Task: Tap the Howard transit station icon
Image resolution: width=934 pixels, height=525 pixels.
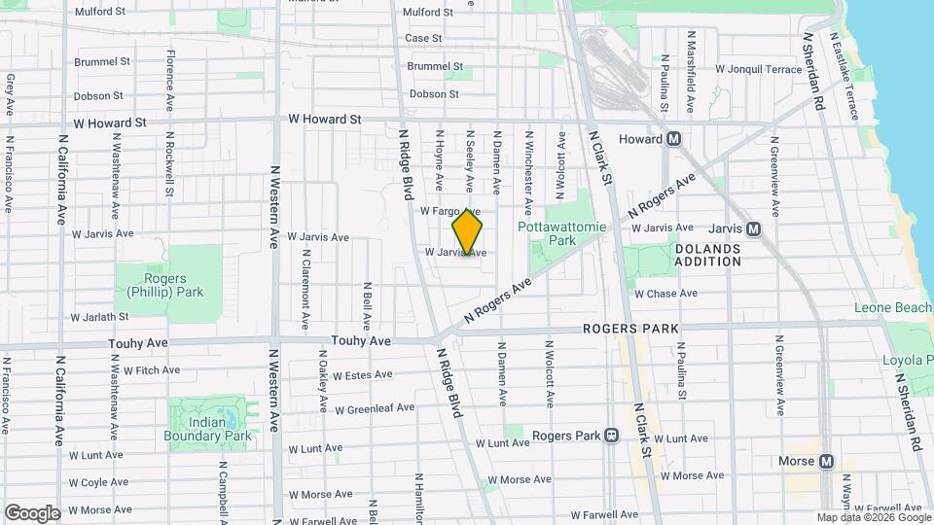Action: pos(673,139)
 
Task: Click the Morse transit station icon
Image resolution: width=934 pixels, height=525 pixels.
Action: pos(826,461)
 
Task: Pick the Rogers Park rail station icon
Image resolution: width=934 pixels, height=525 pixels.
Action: pos(611,435)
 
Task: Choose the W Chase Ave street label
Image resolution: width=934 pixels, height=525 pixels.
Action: pos(665,293)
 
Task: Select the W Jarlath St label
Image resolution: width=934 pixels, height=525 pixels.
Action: pos(100,316)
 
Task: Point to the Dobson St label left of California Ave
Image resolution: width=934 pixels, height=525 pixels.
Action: pos(98,96)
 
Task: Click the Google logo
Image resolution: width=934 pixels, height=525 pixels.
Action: pos(32,512)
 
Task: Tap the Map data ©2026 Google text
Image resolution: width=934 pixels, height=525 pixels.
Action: pos(873,518)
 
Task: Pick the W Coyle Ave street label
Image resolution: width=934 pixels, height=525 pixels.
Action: pos(99,481)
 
